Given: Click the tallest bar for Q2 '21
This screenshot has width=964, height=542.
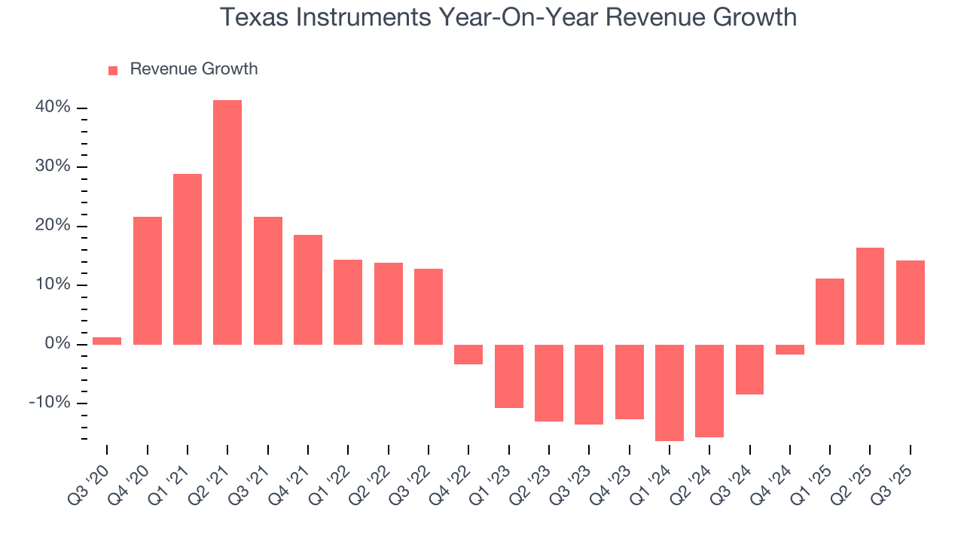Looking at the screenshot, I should (x=227, y=222).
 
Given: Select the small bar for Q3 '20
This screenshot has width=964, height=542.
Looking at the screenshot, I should (x=107, y=341).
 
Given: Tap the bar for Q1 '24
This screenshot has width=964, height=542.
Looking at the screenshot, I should (x=670, y=392).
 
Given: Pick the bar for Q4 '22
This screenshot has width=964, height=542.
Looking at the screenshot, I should (x=468, y=355).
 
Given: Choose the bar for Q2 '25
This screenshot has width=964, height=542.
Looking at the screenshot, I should (x=870, y=296).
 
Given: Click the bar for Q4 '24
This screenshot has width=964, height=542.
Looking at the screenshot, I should (x=790, y=349).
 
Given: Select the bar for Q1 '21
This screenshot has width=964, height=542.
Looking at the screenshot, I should (x=188, y=259).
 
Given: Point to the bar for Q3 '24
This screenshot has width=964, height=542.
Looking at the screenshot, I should (x=749, y=370).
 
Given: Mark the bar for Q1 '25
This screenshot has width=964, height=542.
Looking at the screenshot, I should (x=830, y=312).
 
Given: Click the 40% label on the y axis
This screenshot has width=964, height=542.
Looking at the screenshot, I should (x=53, y=108).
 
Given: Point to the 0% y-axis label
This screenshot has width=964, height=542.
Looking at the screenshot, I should (x=57, y=344).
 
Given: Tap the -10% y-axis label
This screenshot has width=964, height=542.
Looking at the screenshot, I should (x=50, y=403).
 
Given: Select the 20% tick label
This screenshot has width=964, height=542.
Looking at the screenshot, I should (x=53, y=226).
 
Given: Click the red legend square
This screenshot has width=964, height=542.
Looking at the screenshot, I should (x=113, y=70).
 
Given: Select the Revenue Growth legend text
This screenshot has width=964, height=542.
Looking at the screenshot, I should (x=194, y=69).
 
